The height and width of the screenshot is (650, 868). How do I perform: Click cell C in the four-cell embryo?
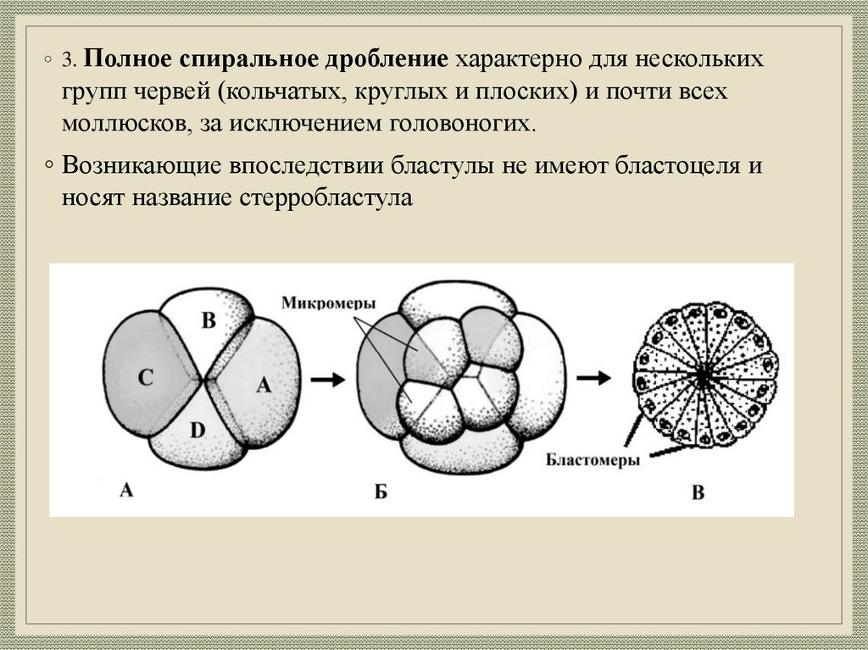tap(145, 378)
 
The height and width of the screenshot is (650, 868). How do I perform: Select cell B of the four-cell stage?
tap(209, 320)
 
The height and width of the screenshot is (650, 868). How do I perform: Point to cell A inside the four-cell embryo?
tap(263, 386)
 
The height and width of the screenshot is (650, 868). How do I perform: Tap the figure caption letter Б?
tap(381, 491)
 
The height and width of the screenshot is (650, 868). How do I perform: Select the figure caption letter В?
tap(697, 492)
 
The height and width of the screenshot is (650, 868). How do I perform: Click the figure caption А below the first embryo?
tap(126, 489)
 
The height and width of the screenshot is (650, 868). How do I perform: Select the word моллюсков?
tap(123, 124)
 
